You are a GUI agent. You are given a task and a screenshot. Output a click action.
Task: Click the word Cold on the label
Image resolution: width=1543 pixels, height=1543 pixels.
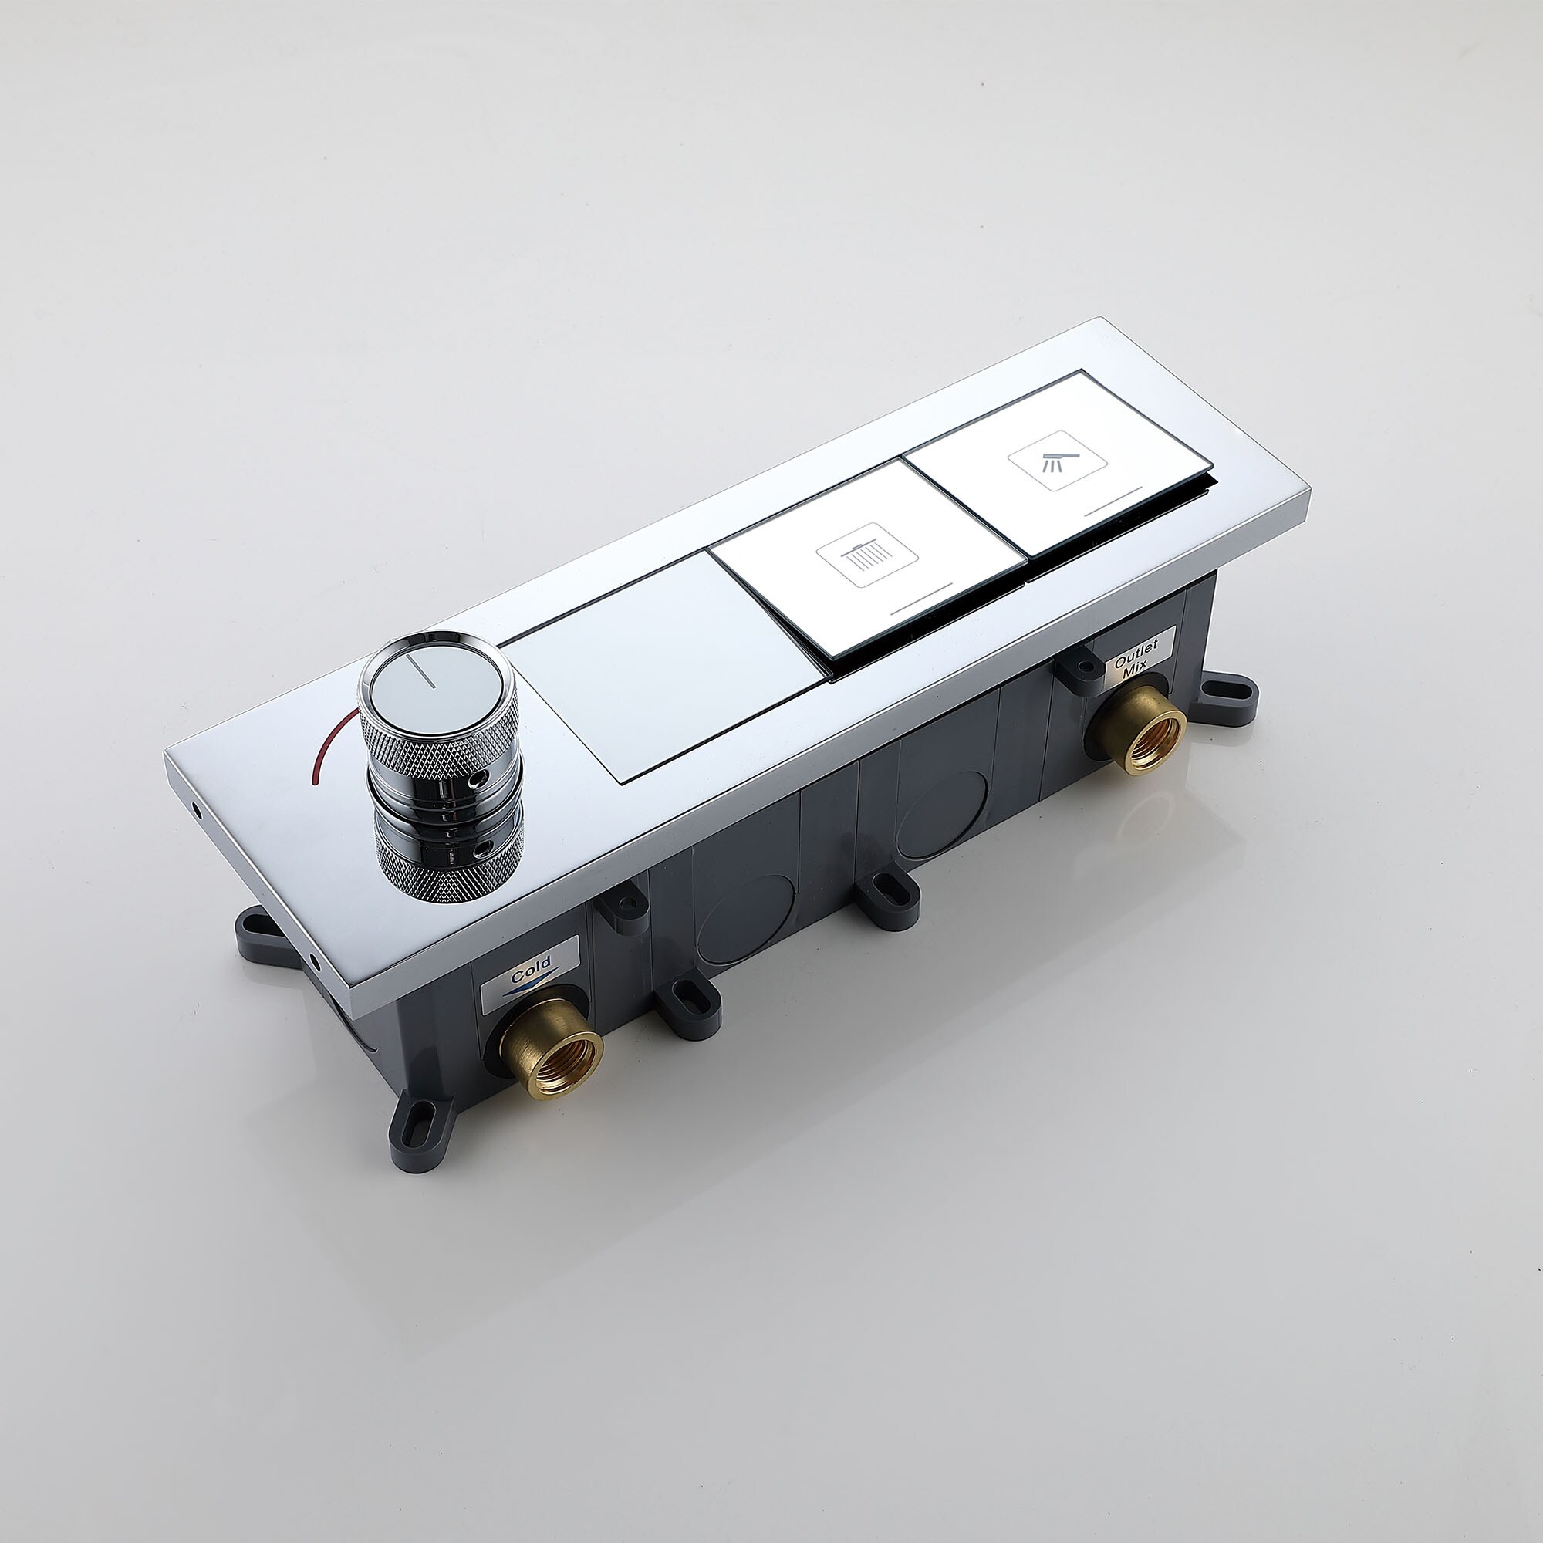531,971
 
